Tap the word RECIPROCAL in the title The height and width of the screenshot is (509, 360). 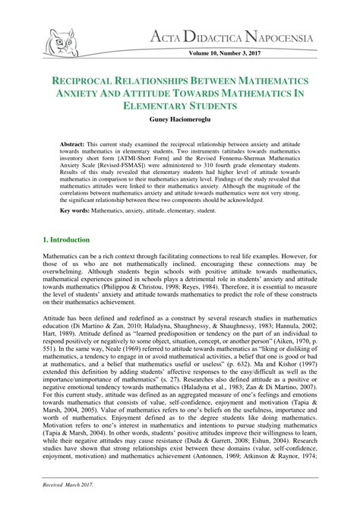pyautogui.click(x=91, y=81)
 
